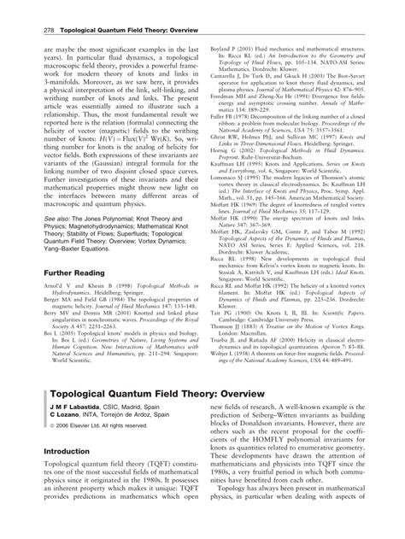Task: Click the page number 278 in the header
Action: (x=38, y=9)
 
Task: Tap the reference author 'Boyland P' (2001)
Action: (x=223, y=26)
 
